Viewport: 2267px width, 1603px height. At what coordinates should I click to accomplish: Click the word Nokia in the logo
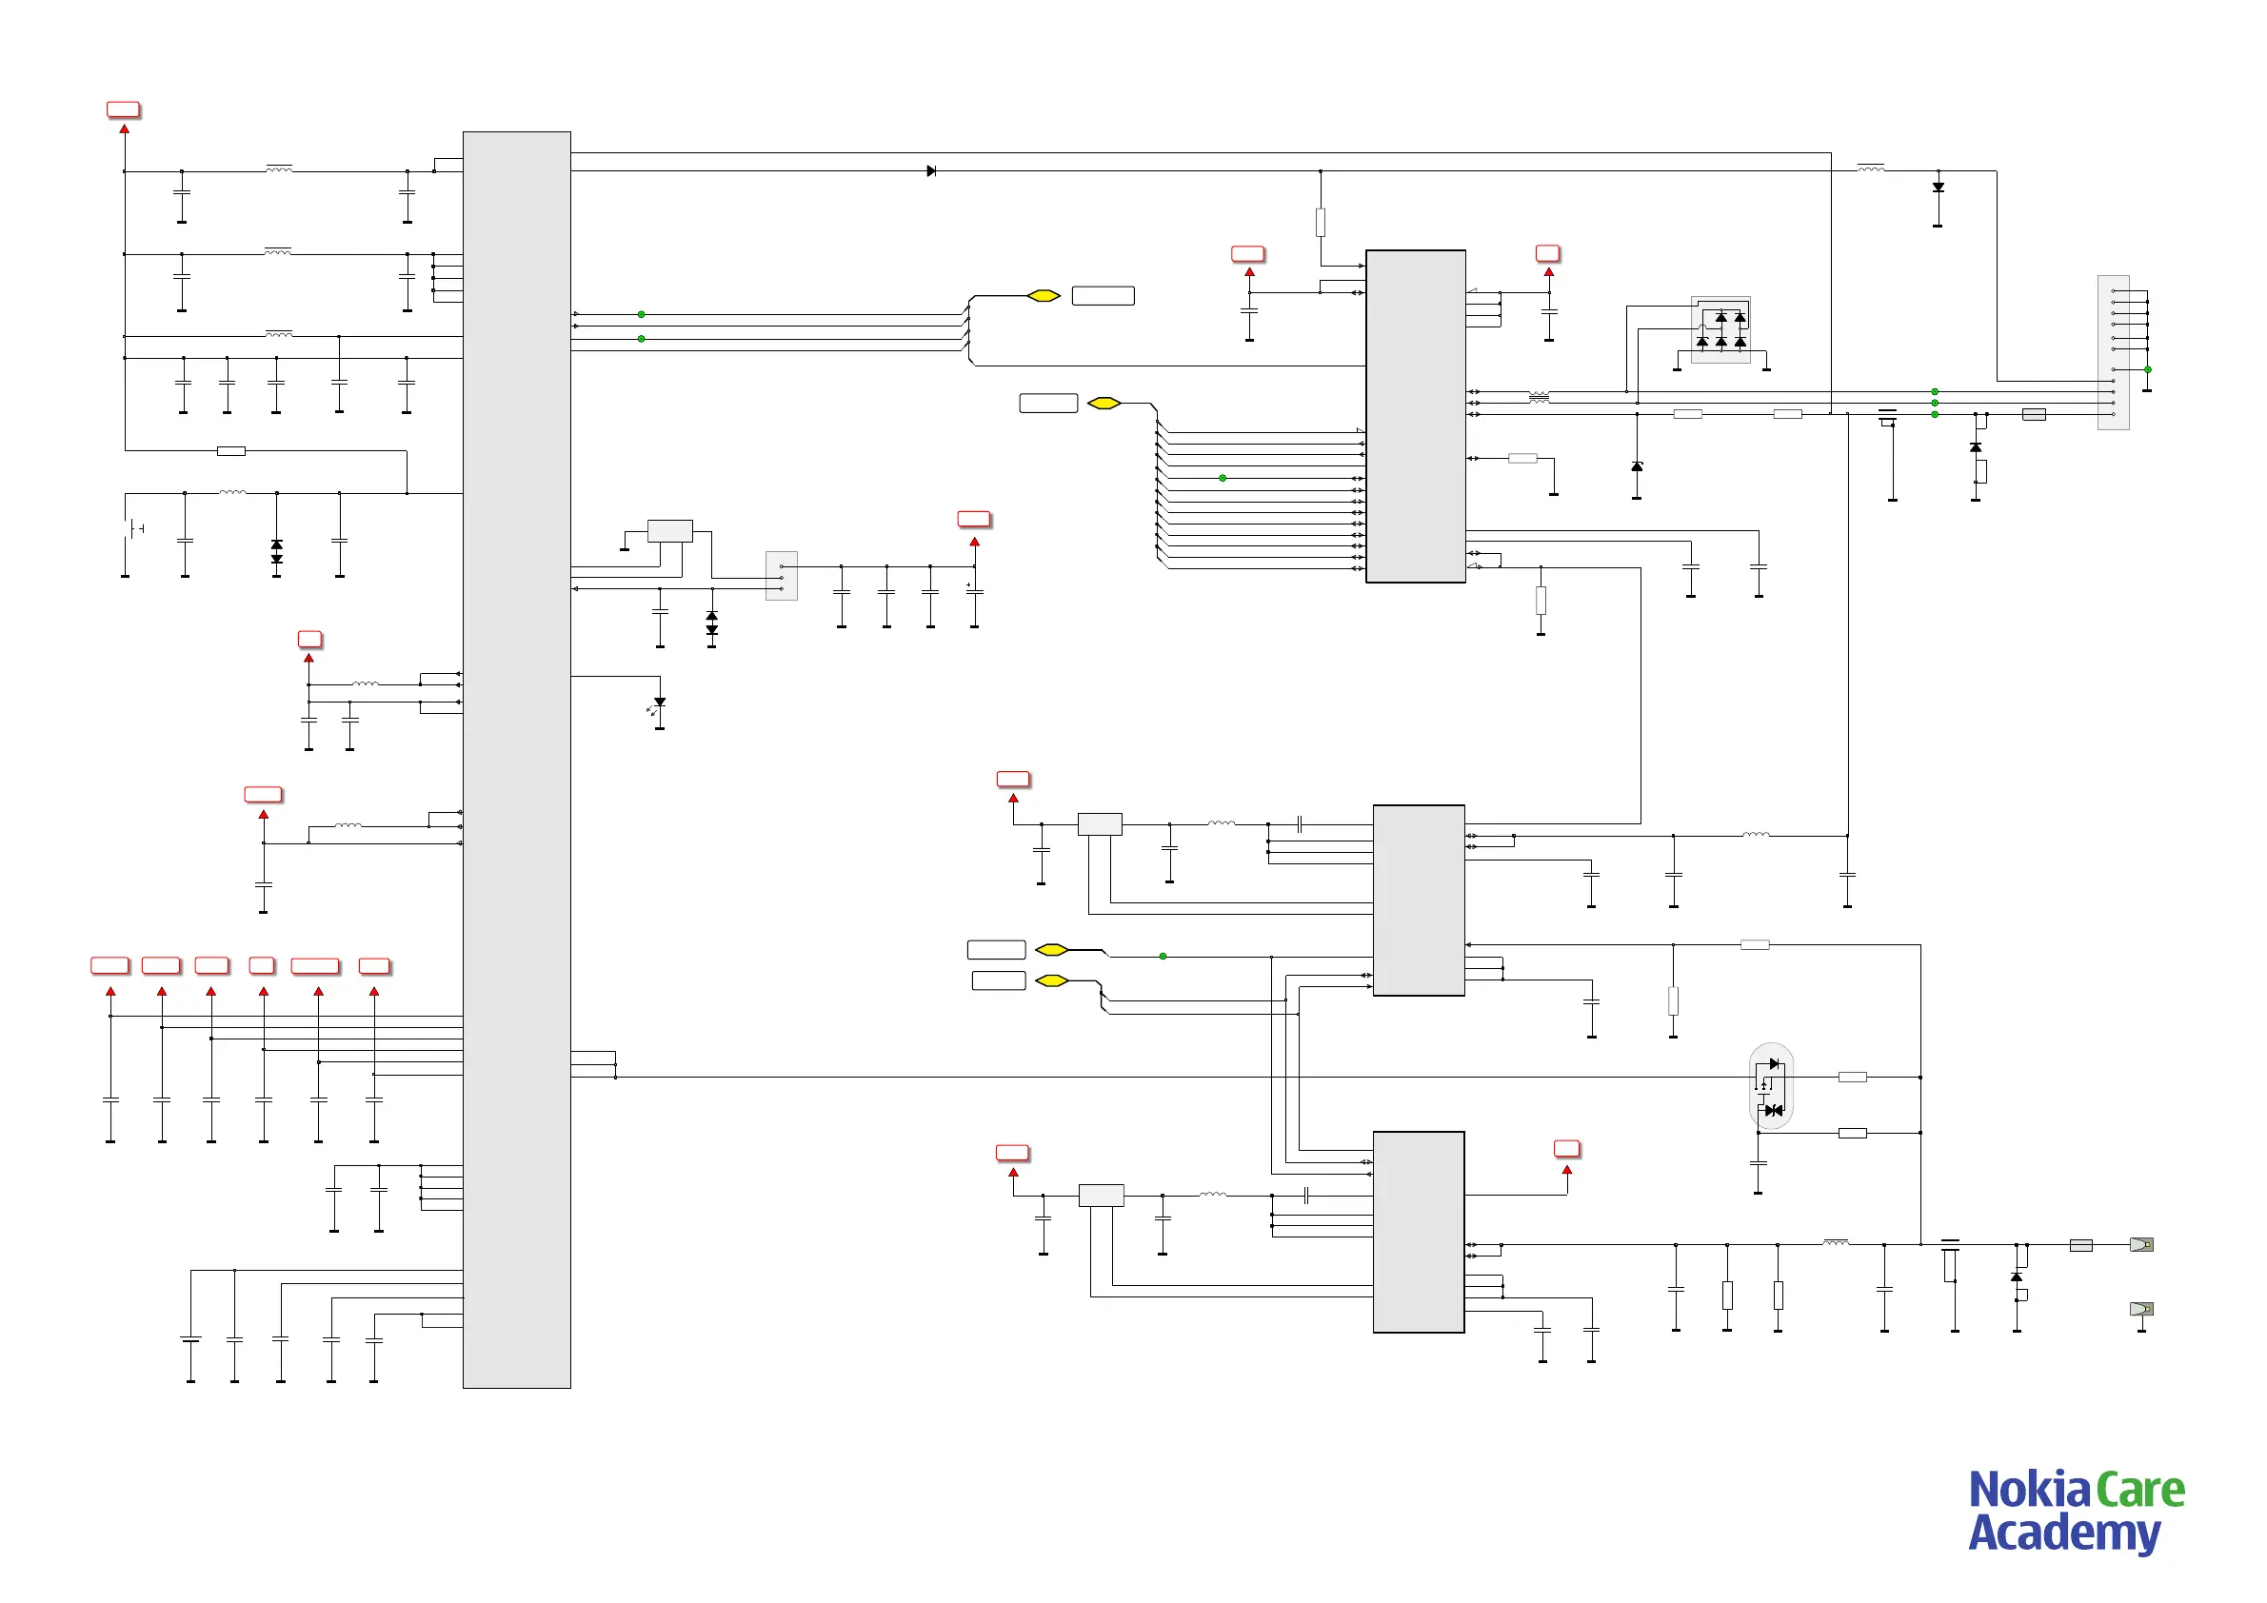(x=2028, y=1491)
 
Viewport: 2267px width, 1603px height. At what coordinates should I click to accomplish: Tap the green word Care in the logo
(x=2139, y=1491)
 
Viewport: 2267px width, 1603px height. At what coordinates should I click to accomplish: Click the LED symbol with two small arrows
(x=658, y=704)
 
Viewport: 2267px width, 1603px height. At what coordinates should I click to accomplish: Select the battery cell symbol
(x=134, y=529)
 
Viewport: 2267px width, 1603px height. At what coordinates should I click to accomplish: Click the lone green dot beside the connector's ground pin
(x=2148, y=369)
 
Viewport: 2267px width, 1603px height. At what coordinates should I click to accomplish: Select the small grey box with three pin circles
(x=781, y=576)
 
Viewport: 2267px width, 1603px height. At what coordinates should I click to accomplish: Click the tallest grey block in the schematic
(x=516, y=759)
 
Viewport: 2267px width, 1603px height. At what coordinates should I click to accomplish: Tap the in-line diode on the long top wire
(x=930, y=170)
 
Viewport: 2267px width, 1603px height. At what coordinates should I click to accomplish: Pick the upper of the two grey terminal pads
(x=2140, y=1245)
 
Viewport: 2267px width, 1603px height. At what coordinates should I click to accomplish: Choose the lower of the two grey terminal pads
(x=2140, y=1309)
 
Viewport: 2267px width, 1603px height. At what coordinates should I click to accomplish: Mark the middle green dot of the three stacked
(x=1935, y=403)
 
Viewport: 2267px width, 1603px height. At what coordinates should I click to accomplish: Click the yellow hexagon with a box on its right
(x=1044, y=296)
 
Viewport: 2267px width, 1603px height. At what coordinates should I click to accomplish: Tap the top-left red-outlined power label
(x=124, y=109)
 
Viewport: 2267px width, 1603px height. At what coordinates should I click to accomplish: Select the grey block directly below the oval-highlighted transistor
(x=1418, y=1232)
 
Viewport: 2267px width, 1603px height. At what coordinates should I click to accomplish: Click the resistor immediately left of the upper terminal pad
(x=2080, y=1245)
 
